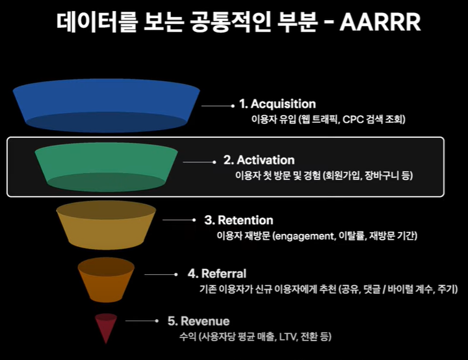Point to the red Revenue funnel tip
(106, 327)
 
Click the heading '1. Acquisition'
(277, 104)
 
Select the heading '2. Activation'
(259, 160)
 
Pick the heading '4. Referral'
(217, 274)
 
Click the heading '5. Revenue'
(198, 321)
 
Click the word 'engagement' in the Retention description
(304, 236)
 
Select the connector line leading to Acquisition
(216, 105)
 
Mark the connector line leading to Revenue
(142, 321)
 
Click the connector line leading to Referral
(161, 274)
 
